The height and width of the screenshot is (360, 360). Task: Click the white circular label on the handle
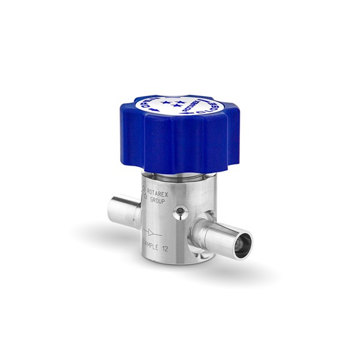pyautogui.click(x=177, y=108)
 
